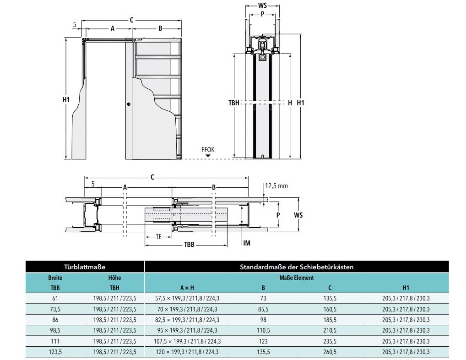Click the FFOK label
pyautogui.click(x=208, y=149)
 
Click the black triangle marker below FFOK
pyautogui.click(x=208, y=156)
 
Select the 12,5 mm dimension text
pyautogui.click(x=276, y=186)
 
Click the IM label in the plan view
pyautogui.click(x=247, y=243)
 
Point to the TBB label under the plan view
pyautogui.click(x=190, y=245)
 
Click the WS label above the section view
pyautogui.click(x=262, y=6)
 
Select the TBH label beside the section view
pyautogui.click(x=234, y=103)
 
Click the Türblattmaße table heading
pyautogui.click(x=85, y=266)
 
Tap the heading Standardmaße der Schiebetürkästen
pyautogui.click(x=297, y=266)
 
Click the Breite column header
pyautogui.click(x=55, y=278)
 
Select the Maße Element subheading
pyautogui.click(x=296, y=278)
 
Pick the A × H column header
pyautogui.click(x=187, y=288)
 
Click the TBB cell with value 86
pyautogui.click(x=55, y=320)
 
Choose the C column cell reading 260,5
pyautogui.click(x=330, y=352)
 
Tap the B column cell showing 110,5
pyautogui.click(x=263, y=330)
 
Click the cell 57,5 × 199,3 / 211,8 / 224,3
pyautogui.click(x=187, y=299)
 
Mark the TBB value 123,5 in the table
pyautogui.click(x=55, y=352)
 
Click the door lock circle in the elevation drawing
pyautogui.click(x=129, y=104)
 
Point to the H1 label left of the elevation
pyautogui.click(x=65, y=99)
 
